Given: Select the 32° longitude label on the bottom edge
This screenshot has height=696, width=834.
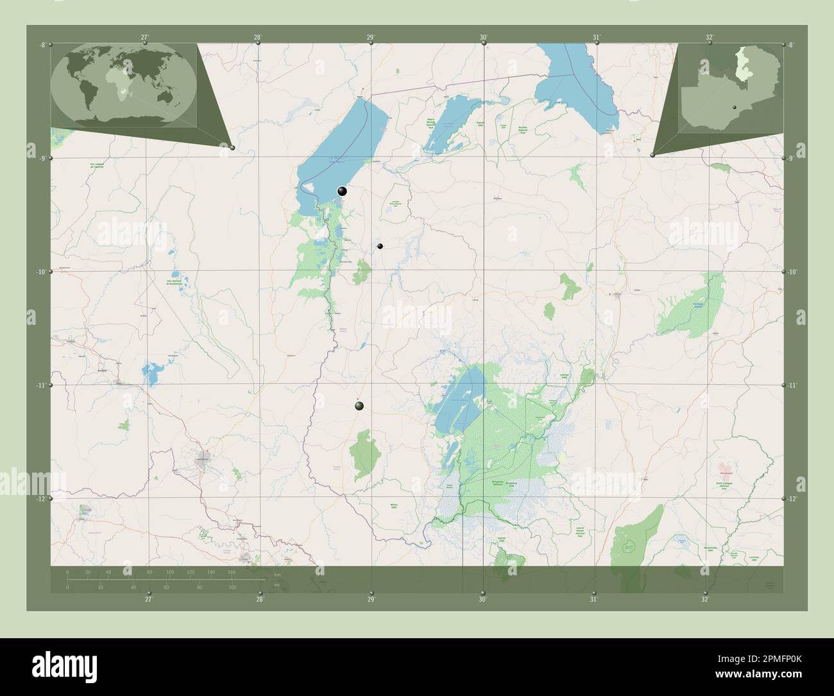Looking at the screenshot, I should point(705,599).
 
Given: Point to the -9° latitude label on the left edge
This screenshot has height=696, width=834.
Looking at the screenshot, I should point(42,159).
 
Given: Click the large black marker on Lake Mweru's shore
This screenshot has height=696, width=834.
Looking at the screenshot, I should point(343,191).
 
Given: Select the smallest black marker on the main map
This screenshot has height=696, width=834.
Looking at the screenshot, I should point(380,246).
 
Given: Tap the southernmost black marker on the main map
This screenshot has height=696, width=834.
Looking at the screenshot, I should point(359,405).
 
